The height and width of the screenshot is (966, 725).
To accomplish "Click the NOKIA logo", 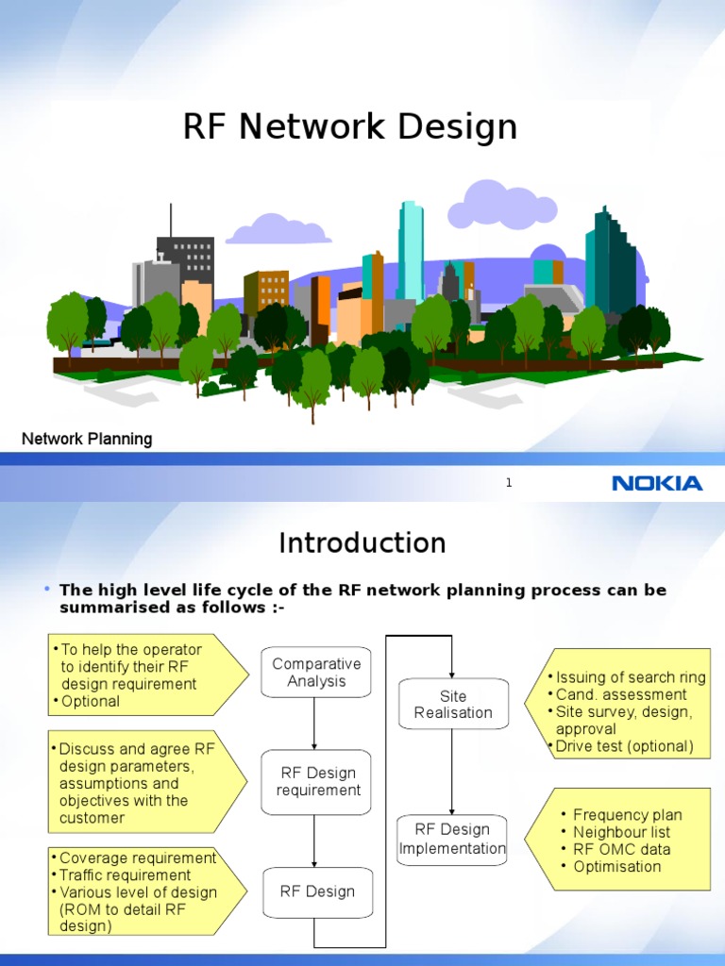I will [x=657, y=483].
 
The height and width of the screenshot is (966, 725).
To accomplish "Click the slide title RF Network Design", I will [x=350, y=126].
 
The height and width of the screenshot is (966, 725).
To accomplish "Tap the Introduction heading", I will [x=362, y=543].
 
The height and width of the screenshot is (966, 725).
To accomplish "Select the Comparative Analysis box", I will [x=316, y=673].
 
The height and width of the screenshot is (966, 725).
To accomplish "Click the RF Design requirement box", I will [x=317, y=782].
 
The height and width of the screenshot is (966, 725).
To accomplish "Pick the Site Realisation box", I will [x=453, y=705].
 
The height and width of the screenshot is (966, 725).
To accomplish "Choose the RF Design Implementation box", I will [x=452, y=839].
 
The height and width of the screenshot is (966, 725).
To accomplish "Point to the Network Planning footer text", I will [x=87, y=439].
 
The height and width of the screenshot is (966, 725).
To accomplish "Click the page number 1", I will [x=508, y=483].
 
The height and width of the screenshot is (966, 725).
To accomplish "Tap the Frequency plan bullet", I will [x=627, y=815].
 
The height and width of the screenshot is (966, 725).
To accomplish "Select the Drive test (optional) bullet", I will [x=624, y=746].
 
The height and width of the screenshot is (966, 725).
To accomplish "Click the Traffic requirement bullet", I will [x=126, y=875].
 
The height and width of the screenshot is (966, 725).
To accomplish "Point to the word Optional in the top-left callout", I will [x=91, y=701].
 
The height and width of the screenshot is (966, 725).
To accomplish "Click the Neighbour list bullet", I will [x=621, y=832].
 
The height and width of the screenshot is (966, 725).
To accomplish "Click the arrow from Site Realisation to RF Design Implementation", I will [x=453, y=772].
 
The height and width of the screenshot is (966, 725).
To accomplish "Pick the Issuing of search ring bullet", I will [x=631, y=677].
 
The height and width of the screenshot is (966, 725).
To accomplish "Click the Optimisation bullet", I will [x=616, y=866].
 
